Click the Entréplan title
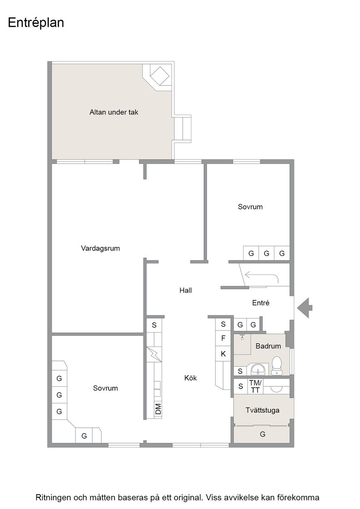coord(36,23)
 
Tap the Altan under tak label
coord(114,112)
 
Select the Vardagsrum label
coord(100,249)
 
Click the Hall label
coord(185,290)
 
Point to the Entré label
coord(260,303)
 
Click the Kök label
coord(190,378)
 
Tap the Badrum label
coord(268,346)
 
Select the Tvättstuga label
coord(262,410)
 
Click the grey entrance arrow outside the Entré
coord(305,308)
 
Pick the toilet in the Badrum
coord(276,365)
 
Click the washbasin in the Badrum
coord(259,369)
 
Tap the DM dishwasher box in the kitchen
coord(158,409)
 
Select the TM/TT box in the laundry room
coord(255,387)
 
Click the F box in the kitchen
coord(223,338)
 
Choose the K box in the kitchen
coord(223,354)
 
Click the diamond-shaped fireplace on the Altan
coord(160,76)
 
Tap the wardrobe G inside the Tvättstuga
coord(262,434)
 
